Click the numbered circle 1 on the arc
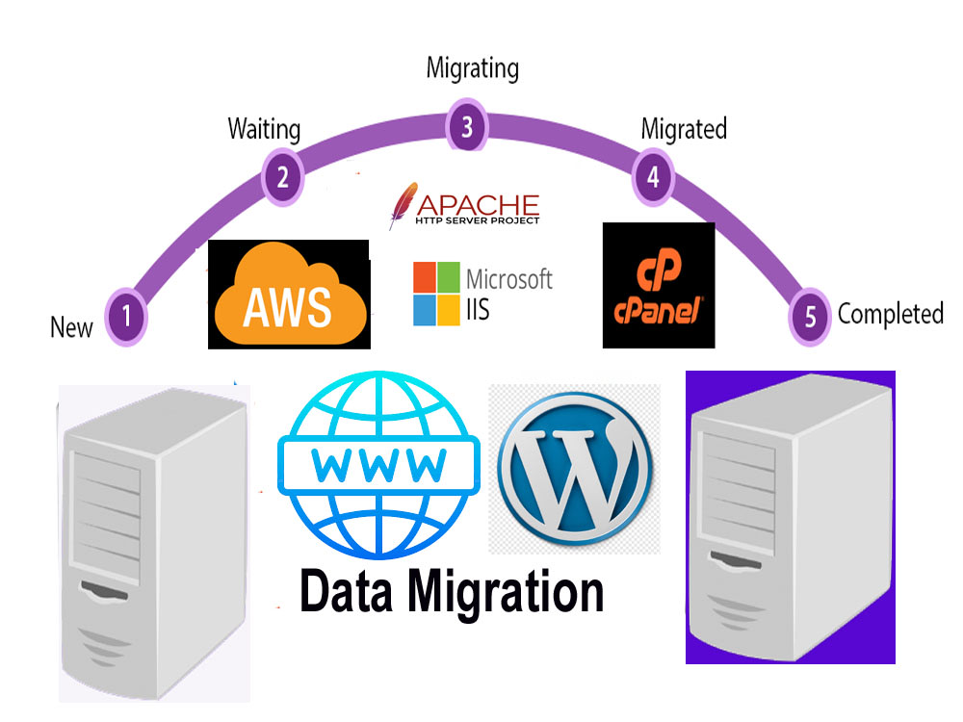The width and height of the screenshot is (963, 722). (x=126, y=317)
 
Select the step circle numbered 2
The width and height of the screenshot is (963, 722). (x=282, y=177)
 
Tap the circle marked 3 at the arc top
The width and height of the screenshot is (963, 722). (x=467, y=126)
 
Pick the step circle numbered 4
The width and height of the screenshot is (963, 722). (x=654, y=177)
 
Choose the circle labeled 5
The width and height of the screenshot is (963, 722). (x=810, y=317)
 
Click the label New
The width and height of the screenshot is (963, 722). (x=71, y=327)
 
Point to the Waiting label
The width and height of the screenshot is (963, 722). (x=264, y=130)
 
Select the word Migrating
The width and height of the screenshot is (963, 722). (x=473, y=68)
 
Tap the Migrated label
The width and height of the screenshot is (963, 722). (x=684, y=129)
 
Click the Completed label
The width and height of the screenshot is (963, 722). (x=891, y=314)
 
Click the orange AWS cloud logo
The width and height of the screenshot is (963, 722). (x=290, y=294)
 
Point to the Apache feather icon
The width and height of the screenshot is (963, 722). (x=403, y=205)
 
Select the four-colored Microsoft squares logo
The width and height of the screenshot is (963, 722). (x=436, y=294)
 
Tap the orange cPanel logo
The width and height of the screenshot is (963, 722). (x=659, y=286)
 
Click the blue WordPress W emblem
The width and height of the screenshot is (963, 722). (x=575, y=470)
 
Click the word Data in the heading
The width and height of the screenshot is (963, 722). (x=347, y=591)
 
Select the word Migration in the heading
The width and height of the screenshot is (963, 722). (x=507, y=594)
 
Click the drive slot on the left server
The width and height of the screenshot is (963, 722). (x=104, y=590)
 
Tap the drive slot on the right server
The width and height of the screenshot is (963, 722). (x=736, y=560)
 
